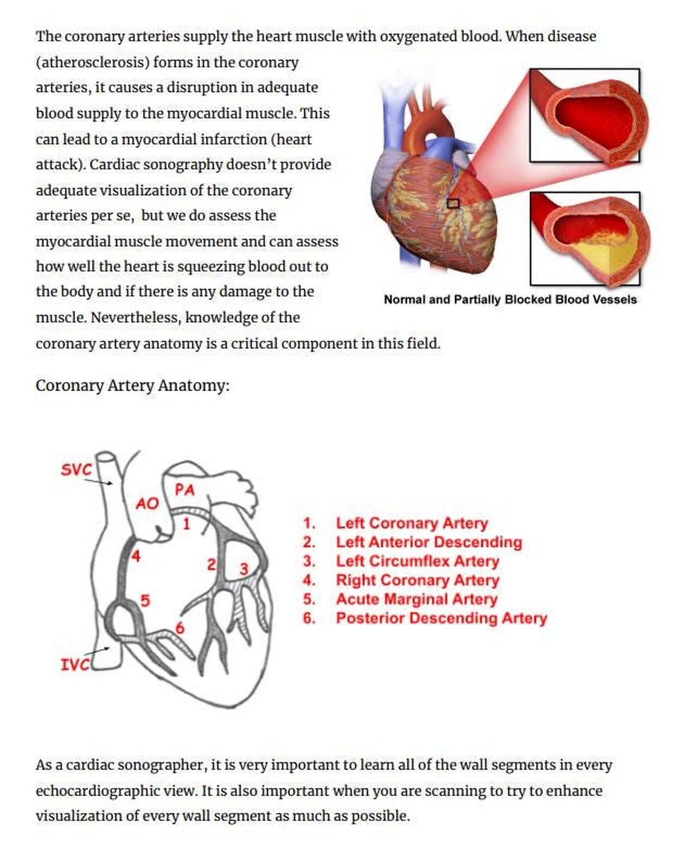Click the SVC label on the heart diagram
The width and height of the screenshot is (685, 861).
(x=76, y=469)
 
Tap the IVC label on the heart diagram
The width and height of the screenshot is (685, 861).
(x=74, y=664)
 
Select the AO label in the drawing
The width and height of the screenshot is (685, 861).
(x=147, y=504)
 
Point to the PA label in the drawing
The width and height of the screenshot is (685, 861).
(x=185, y=490)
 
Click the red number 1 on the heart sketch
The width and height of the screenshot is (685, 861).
(x=186, y=524)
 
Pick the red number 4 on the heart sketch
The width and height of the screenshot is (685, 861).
(x=136, y=556)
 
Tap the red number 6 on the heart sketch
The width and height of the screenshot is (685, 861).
(x=180, y=628)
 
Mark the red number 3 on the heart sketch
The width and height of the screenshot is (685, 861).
(x=243, y=568)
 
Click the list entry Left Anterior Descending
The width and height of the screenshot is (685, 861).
(x=428, y=542)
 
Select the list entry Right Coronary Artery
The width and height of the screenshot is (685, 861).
(x=417, y=580)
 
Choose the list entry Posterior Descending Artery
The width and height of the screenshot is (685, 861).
(x=441, y=618)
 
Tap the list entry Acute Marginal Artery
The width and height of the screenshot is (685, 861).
(x=416, y=599)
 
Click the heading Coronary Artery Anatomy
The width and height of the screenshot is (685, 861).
(x=132, y=385)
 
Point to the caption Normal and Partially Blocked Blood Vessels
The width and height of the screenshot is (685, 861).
(x=510, y=299)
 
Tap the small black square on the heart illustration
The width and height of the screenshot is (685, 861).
(x=453, y=204)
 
